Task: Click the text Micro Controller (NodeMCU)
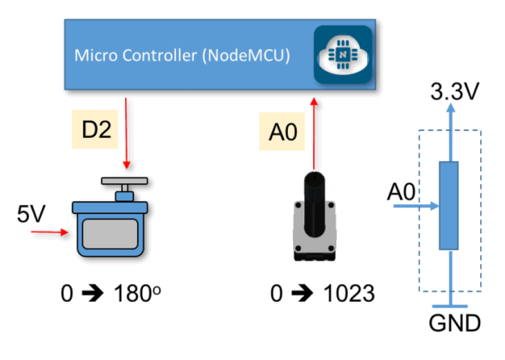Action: [182, 56]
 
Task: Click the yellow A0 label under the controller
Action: [282, 133]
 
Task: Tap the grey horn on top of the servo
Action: [125, 181]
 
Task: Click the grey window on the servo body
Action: [110, 234]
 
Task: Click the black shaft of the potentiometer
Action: [314, 205]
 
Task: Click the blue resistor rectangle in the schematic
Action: [449, 205]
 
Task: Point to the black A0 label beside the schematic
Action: [401, 193]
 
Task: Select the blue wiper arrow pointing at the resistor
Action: [415, 206]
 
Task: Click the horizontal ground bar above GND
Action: [450, 306]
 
